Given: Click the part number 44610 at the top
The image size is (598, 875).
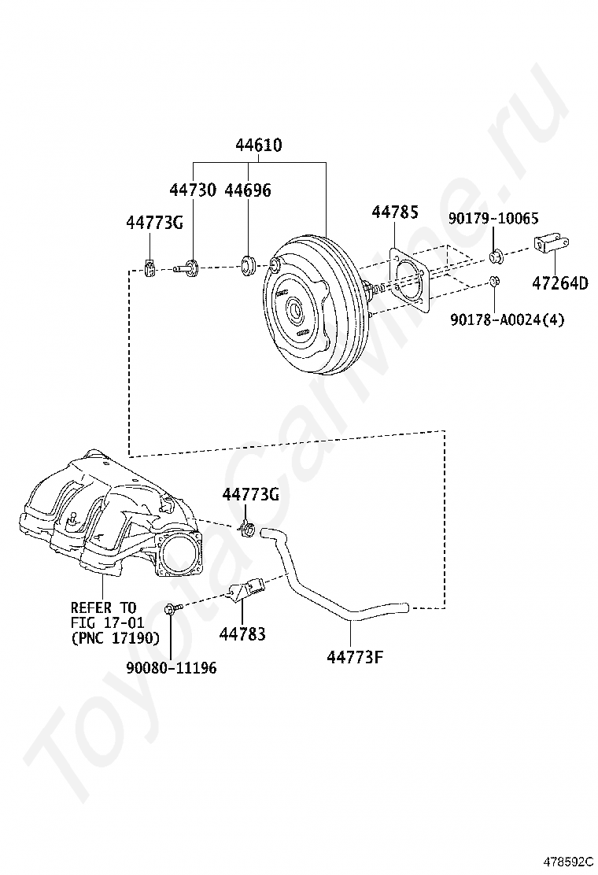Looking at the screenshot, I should (x=259, y=146).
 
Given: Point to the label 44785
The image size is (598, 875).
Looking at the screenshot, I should (x=394, y=212).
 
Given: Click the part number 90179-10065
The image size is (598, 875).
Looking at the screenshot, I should (x=494, y=218).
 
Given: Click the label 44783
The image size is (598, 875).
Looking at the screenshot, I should (x=243, y=633).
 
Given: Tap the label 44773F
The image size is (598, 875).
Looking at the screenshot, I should (x=355, y=655).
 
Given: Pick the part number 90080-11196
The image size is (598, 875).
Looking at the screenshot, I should (x=171, y=668).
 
